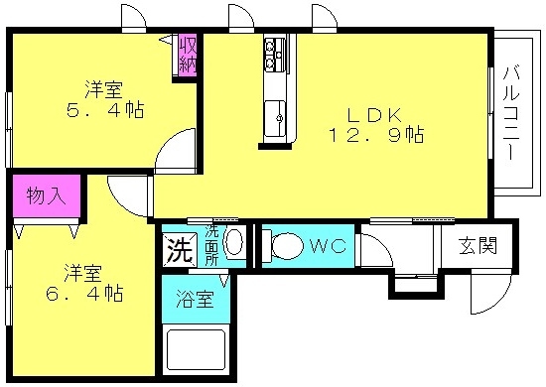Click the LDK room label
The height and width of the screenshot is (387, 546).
point(374,115)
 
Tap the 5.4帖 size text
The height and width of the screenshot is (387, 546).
point(105,110)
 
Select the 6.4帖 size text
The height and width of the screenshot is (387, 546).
point(84,293)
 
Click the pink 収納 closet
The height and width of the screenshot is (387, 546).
point(188,55)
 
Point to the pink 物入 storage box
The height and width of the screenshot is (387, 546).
point(47,195)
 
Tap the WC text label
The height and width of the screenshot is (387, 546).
point(328,246)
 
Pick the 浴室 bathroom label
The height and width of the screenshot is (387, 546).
point(195,299)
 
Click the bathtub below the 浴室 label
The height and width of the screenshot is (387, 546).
point(196,349)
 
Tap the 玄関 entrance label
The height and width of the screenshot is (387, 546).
point(478,246)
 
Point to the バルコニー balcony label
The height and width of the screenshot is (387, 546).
point(511,113)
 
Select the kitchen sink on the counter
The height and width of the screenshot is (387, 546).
point(275,118)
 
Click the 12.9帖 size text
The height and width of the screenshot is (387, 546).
point(376,135)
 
